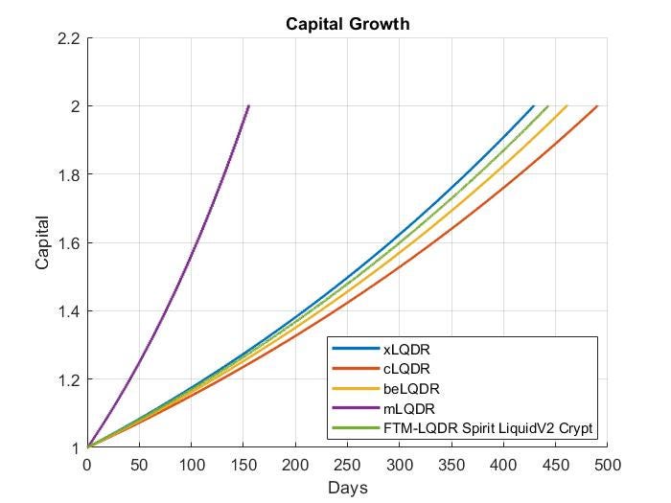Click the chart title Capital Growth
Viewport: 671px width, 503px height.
coord(347,24)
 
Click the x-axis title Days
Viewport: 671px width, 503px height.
coord(347,488)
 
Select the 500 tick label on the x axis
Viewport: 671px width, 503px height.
coord(607,465)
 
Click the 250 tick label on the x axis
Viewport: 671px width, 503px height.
coord(347,465)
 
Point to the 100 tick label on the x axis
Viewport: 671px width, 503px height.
coord(192,465)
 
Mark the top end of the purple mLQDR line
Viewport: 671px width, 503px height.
coord(249,105)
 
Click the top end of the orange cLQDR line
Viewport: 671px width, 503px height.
coord(597,105)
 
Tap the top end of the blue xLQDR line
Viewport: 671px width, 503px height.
coord(534,105)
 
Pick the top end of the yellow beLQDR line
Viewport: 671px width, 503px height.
coord(567,105)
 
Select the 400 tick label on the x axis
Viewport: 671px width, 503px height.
coord(503,465)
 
